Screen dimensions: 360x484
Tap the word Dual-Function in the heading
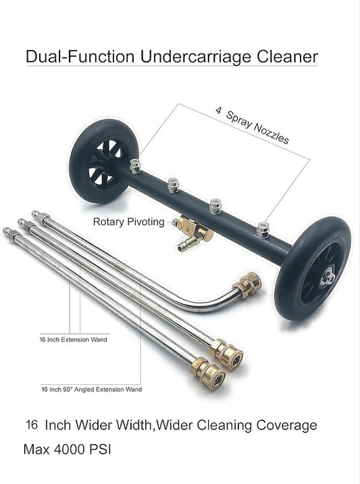point(80,57)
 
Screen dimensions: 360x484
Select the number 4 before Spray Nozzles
point(218,110)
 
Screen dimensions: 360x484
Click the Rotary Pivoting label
point(128,222)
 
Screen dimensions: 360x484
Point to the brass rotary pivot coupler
point(194,232)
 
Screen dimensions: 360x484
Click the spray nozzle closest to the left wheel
point(135,166)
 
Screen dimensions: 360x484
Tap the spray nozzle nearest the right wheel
point(263,230)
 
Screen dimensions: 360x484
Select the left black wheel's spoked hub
point(105,162)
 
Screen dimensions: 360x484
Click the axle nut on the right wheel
point(328,276)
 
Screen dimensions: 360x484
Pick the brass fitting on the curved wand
point(247,285)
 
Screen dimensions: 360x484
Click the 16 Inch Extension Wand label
point(74,339)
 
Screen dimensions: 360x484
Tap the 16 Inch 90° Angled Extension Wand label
point(92,389)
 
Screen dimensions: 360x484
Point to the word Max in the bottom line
point(36,450)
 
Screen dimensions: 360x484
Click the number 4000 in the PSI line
point(70,450)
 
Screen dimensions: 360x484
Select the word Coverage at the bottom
point(286,425)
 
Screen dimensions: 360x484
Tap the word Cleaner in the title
point(287,57)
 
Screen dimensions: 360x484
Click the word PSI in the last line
point(100,450)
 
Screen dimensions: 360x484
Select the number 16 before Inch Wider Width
point(32,425)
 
